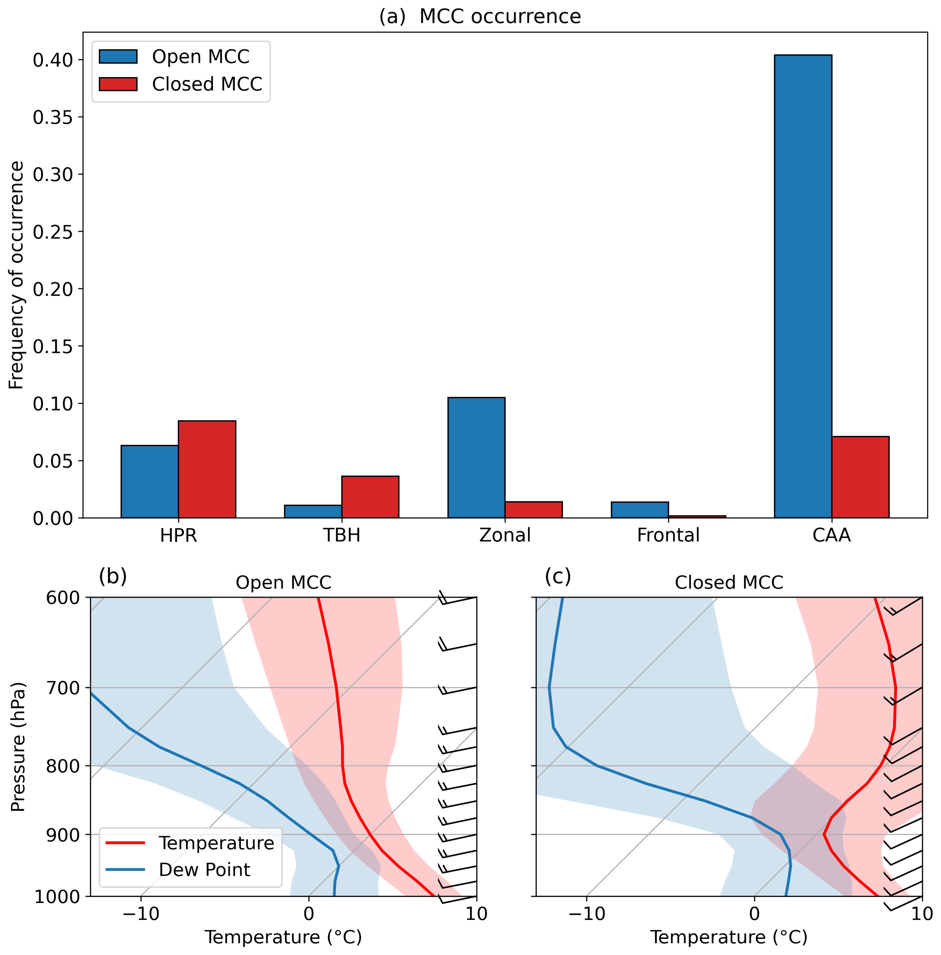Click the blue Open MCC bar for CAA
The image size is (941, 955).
tap(803, 286)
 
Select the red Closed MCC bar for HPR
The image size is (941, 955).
tap(206, 469)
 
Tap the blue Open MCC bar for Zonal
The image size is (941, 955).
tap(476, 457)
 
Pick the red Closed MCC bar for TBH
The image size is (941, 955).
tap(370, 497)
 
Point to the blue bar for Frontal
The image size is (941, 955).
tap(640, 509)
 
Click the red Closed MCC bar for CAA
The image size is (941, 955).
tap(860, 477)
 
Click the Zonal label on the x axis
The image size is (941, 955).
tap(505, 535)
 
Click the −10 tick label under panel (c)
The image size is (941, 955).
tap(587, 914)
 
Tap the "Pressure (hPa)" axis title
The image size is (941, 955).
tap(18, 747)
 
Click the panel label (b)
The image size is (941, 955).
tap(113, 576)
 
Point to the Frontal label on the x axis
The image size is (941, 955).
tap(668, 535)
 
